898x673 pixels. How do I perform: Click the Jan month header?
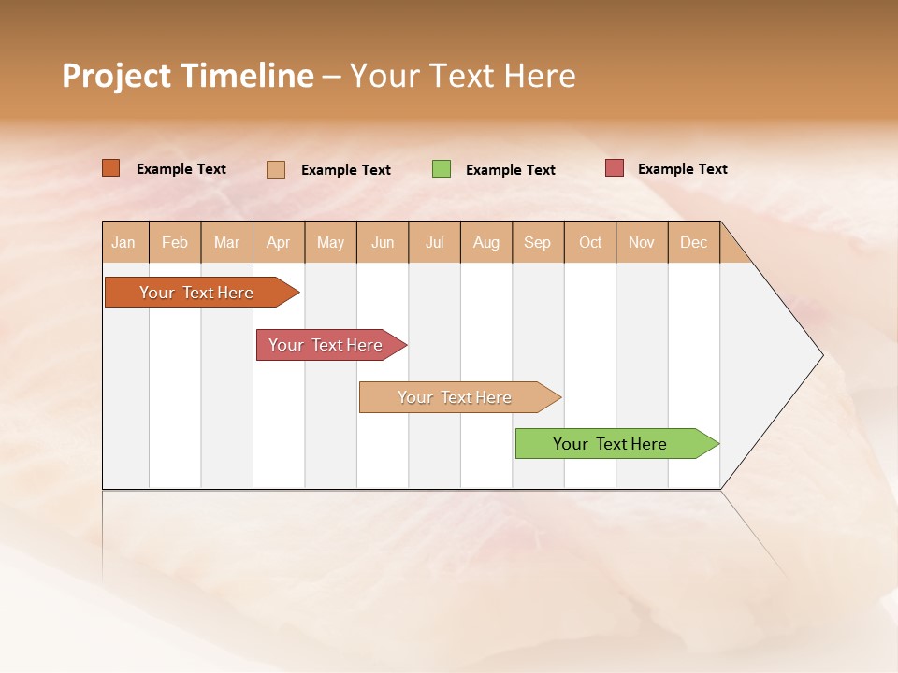click(x=123, y=243)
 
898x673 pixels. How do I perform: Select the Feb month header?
click(x=175, y=243)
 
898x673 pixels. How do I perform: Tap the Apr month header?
click(x=278, y=243)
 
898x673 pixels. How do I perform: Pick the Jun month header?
click(x=383, y=243)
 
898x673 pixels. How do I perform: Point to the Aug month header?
click(x=485, y=243)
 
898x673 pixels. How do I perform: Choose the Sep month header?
click(x=537, y=243)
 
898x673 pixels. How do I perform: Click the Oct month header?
click(x=590, y=243)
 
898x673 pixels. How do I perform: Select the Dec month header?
click(x=693, y=243)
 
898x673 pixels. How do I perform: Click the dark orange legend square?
click(x=111, y=168)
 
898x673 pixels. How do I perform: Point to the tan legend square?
click(x=276, y=169)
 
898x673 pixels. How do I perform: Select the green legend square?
click(x=442, y=169)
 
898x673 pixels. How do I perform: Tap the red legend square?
click(x=614, y=168)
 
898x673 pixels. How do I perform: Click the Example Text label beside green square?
click(x=510, y=170)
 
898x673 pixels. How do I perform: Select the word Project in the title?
click(x=117, y=76)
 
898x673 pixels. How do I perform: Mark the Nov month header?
click(x=642, y=243)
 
